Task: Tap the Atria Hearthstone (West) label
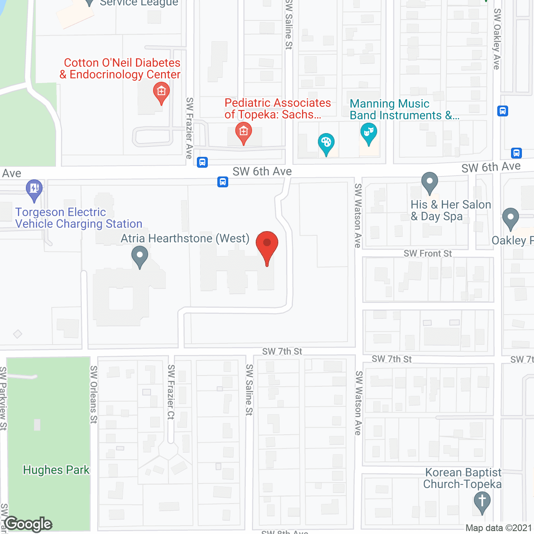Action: pyautogui.click(x=185, y=238)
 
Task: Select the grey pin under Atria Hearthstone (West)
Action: pyautogui.click(x=140, y=256)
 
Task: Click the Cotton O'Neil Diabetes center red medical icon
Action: pyautogui.click(x=161, y=92)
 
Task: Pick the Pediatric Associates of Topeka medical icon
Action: pyautogui.click(x=243, y=132)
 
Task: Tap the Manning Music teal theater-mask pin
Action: pyautogui.click(x=368, y=133)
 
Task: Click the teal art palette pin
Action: pyautogui.click(x=326, y=143)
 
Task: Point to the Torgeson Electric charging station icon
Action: pyautogui.click(x=34, y=189)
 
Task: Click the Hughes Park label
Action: pyautogui.click(x=56, y=470)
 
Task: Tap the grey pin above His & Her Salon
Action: pyautogui.click(x=430, y=182)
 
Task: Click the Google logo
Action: pyautogui.click(x=28, y=524)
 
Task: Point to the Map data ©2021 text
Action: pyautogui.click(x=499, y=528)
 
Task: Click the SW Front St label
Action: pyautogui.click(x=428, y=254)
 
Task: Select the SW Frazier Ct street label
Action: pyautogui.click(x=171, y=392)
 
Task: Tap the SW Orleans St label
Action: pyautogui.click(x=94, y=394)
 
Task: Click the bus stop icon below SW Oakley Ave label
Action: pyautogui.click(x=503, y=111)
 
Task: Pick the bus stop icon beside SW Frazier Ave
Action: pyautogui.click(x=202, y=162)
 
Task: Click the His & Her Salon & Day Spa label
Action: pyautogui.click(x=451, y=210)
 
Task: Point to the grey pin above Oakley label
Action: pyautogui.click(x=510, y=218)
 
